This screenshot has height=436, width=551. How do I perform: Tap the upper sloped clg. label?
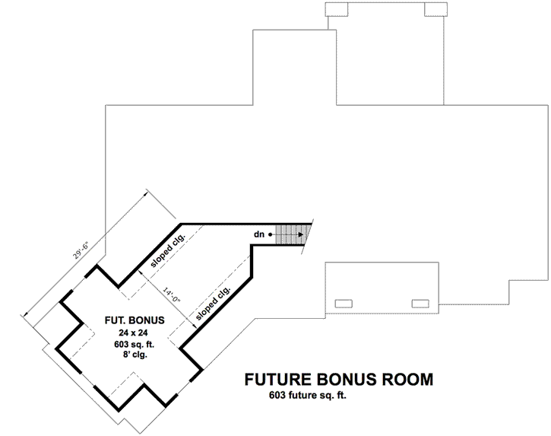coord(168,250)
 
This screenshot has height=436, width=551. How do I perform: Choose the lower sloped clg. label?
coord(213,303)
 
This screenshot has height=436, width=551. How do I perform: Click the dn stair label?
coord(259,235)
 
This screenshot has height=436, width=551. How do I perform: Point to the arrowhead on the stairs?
coord(305,235)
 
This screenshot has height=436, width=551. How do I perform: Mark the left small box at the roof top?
coord(335,9)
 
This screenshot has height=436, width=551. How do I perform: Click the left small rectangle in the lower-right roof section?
coord(344,303)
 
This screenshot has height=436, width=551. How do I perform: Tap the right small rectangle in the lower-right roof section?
coord(420,303)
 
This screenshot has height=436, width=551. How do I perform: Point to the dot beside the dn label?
coord(270,235)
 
